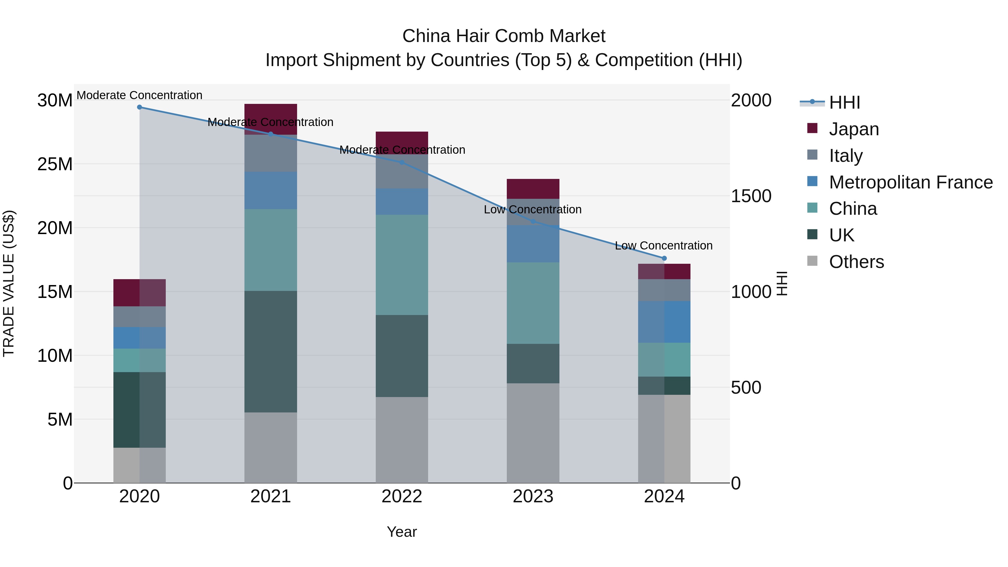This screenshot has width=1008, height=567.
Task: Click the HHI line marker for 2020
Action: [x=139, y=107]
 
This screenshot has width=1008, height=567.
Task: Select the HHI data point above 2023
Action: [x=533, y=221]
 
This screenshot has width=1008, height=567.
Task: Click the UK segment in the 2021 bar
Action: [x=270, y=351]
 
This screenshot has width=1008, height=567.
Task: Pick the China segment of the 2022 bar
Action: [x=402, y=265]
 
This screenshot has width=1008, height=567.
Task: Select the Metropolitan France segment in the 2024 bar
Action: [x=664, y=322]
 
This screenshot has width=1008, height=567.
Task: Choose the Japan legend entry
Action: [x=853, y=129]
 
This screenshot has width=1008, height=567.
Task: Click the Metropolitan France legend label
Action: [x=911, y=182]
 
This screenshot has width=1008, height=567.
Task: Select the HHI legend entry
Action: [x=844, y=102]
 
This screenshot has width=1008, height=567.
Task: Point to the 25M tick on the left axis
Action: [x=55, y=164]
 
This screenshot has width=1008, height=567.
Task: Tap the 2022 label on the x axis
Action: [x=402, y=496]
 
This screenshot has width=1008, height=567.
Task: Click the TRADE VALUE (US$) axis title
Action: [x=9, y=283]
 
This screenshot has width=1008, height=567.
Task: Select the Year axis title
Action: [x=402, y=532]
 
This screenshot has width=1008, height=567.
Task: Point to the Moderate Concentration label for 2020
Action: [x=139, y=95]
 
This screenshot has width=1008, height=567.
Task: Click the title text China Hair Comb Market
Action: [x=504, y=36]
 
